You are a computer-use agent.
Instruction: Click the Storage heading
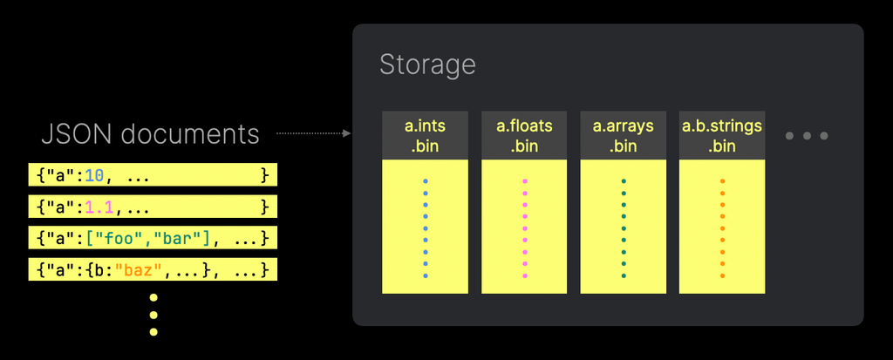(427, 65)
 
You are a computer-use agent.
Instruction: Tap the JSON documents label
(150, 133)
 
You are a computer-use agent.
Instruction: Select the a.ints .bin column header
(426, 136)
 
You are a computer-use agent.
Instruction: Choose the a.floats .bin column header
(525, 136)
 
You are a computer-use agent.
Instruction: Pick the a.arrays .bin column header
(624, 136)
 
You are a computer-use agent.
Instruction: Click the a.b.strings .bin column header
(722, 136)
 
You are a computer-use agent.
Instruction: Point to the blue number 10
(95, 175)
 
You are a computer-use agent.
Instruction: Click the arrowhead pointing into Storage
(346, 133)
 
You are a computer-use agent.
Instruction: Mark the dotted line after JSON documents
(310, 133)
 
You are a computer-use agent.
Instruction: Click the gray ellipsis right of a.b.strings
(806, 136)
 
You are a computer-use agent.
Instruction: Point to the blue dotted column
(426, 228)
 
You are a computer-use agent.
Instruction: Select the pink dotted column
(525, 228)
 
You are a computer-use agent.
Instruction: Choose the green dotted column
(624, 228)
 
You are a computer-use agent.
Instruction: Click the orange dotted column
(722, 228)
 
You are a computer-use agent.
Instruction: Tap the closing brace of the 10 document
(264, 175)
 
